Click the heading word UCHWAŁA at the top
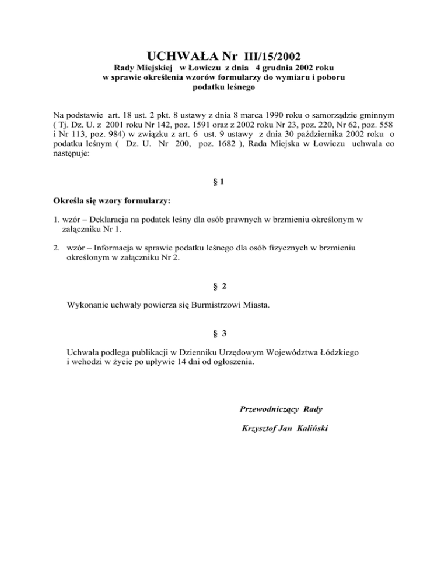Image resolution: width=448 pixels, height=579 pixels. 184,57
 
